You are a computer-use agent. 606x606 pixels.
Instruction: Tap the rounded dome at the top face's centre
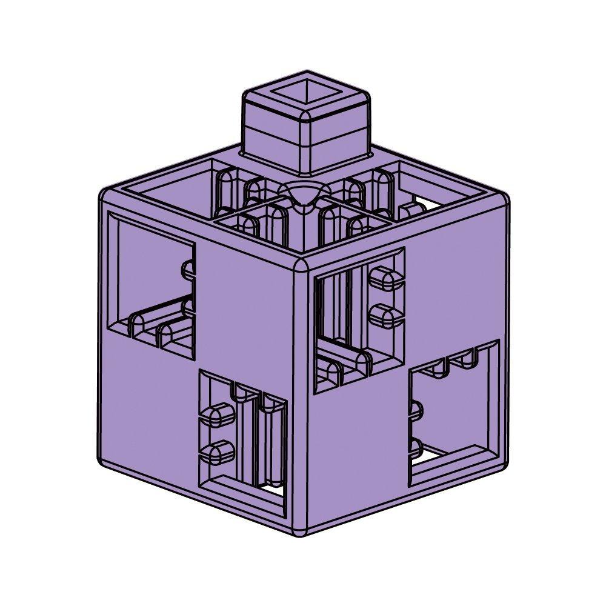[303, 197]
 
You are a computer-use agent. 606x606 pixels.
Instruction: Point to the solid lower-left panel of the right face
[358, 454]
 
